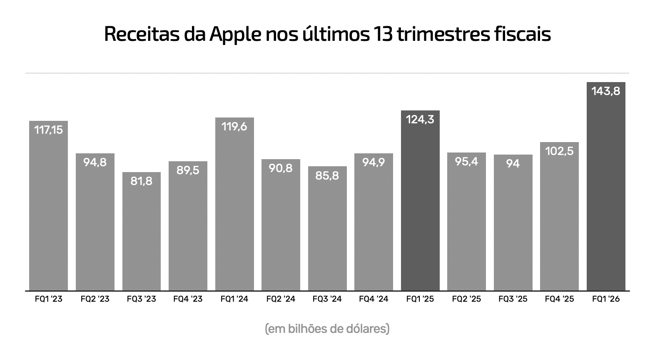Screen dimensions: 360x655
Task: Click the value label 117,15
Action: click(x=48, y=130)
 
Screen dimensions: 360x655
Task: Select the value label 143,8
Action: click(x=605, y=91)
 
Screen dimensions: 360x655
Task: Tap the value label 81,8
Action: click(x=142, y=181)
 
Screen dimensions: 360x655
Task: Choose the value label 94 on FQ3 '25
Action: click(x=513, y=164)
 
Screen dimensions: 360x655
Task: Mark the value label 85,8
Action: click(x=327, y=175)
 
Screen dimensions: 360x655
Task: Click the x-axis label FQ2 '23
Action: click(x=95, y=299)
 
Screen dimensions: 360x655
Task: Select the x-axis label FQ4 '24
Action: click(x=374, y=299)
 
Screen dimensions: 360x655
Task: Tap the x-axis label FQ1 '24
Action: click(x=234, y=299)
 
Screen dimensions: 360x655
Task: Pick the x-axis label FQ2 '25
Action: click(x=466, y=299)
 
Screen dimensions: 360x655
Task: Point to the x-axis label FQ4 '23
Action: click(x=188, y=299)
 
